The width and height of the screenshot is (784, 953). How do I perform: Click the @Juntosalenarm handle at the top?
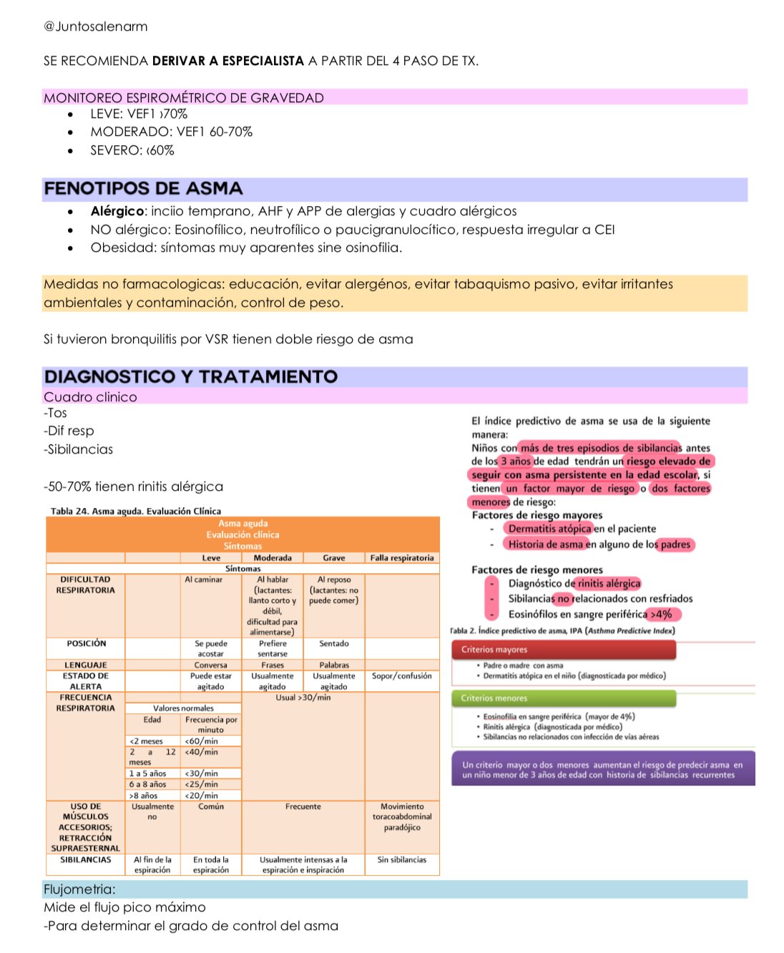tap(96, 26)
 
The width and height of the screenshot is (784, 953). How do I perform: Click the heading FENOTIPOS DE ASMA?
tap(143, 189)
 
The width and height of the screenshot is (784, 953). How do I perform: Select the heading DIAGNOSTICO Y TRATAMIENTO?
tap(190, 377)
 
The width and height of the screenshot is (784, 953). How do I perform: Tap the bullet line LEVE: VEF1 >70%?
tap(139, 114)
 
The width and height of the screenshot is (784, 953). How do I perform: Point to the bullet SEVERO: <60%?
tap(132, 150)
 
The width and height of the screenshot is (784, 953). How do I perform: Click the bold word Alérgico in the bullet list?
tap(117, 211)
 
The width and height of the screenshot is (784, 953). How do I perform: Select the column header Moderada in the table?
tap(273, 558)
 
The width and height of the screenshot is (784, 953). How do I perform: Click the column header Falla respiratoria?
tap(402, 558)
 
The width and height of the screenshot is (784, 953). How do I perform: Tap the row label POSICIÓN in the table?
tap(86, 644)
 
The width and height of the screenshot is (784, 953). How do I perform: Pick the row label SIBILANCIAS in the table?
tap(86, 860)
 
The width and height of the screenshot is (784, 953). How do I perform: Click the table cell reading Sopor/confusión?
tap(402, 676)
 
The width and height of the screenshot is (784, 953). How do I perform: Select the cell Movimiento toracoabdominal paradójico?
tap(402, 817)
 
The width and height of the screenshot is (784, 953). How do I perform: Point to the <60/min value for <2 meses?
tap(201, 741)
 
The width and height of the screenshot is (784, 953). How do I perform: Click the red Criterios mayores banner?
tap(564, 650)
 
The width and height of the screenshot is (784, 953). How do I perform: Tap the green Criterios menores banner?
tap(564, 698)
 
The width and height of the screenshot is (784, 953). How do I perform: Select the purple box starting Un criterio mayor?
tap(602, 769)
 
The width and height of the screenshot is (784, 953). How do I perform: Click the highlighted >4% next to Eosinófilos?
tap(662, 615)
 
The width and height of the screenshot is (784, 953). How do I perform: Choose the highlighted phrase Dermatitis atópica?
tap(549, 529)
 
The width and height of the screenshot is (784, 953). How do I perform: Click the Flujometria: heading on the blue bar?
tap(79, 889)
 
